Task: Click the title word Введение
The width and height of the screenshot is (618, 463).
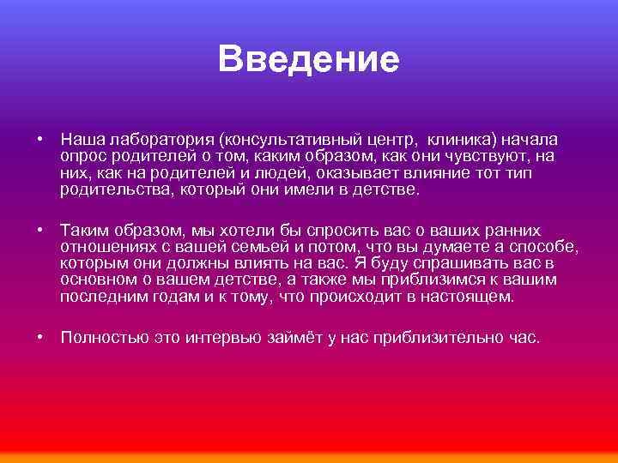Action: tap(309, 59)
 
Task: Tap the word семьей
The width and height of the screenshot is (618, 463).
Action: tap(263, 248)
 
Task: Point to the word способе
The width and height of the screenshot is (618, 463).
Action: tap(544, 248)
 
